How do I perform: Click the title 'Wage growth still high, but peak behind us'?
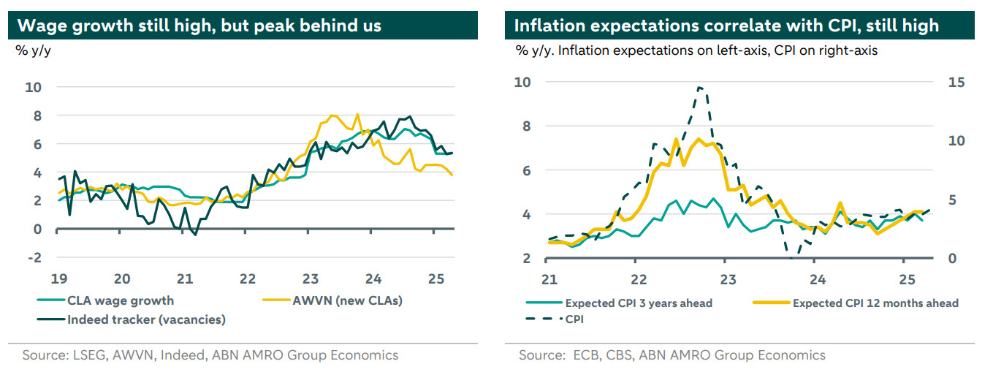pos(199,26)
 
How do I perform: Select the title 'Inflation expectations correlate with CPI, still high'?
pos(726,26)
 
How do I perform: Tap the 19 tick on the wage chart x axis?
pos(60,278)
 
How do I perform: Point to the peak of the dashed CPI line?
pos(699,88)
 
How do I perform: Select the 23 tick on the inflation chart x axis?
pos(728,278)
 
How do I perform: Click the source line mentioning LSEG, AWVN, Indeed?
pos(210,355)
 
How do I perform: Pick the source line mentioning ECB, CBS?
pos(672,355)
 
